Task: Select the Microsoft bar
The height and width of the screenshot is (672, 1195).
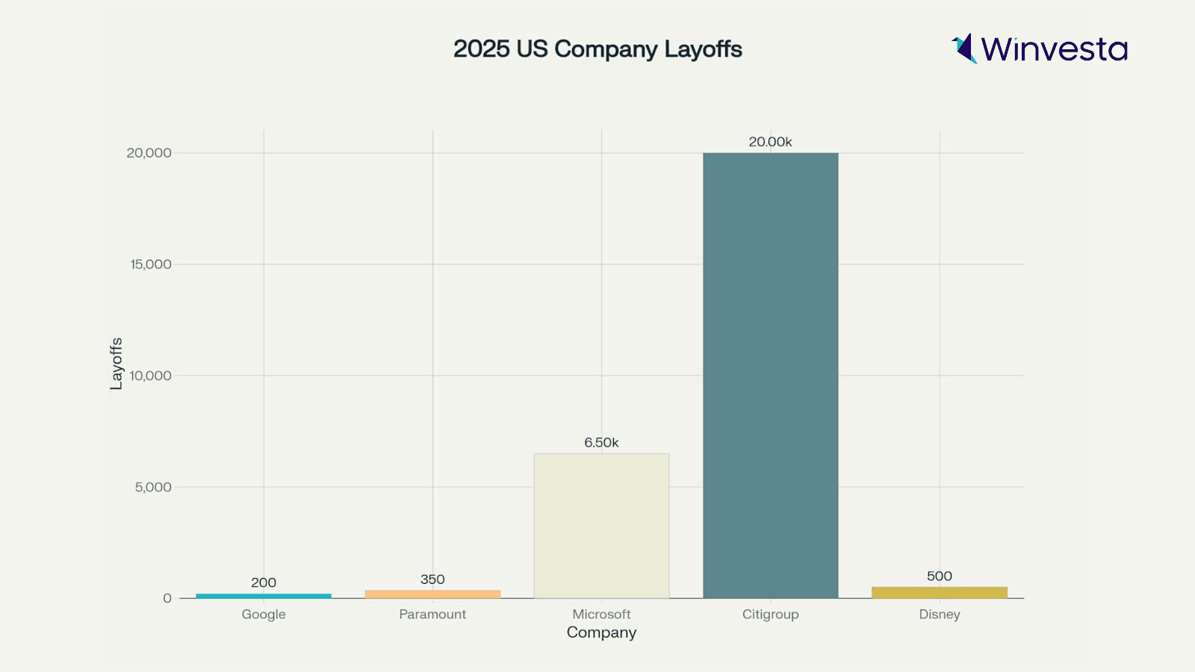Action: (601, 526)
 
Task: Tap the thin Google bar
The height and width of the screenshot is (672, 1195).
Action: (264, 596)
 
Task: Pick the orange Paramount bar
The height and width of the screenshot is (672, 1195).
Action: (432, 594)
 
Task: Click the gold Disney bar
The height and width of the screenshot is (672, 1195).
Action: (939, 593)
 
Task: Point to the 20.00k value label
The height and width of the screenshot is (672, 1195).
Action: (770, 142)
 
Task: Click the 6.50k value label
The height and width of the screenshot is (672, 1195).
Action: (601, 443)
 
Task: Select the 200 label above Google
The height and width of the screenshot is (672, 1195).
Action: (264, 582)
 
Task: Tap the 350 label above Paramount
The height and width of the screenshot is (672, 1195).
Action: (432, 579)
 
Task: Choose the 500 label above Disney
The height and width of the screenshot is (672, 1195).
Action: (939, 576)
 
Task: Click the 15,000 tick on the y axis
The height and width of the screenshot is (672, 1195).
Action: (150, 264)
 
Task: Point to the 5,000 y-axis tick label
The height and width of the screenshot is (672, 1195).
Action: (153, 487)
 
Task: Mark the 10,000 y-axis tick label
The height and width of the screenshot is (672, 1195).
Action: (150, 376)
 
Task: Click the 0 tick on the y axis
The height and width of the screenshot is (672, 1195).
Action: (167, 598)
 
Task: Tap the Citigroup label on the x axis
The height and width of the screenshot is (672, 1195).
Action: (770, 615)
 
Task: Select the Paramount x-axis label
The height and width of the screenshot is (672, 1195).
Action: (432, 615)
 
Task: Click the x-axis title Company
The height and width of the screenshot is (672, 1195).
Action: (601, 632)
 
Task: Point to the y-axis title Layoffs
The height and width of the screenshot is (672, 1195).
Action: (117, 364)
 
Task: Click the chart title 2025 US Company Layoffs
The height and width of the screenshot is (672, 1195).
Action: (597, 49)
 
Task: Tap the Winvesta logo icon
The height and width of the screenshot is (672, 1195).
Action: (964, 49)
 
